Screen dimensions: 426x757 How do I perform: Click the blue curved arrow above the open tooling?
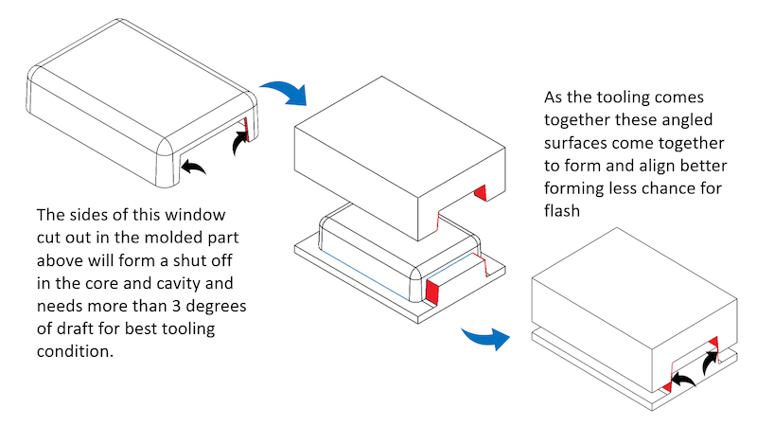tap(286, 93)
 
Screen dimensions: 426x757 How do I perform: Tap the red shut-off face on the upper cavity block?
tap(480, 194)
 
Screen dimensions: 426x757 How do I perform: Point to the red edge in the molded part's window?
tap(246, 127)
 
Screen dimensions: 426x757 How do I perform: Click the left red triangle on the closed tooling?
tap(666, 387)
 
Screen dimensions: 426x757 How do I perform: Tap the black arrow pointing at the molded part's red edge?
tap(242, 143)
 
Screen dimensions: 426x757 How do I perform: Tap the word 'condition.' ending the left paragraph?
tap(77, 350)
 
